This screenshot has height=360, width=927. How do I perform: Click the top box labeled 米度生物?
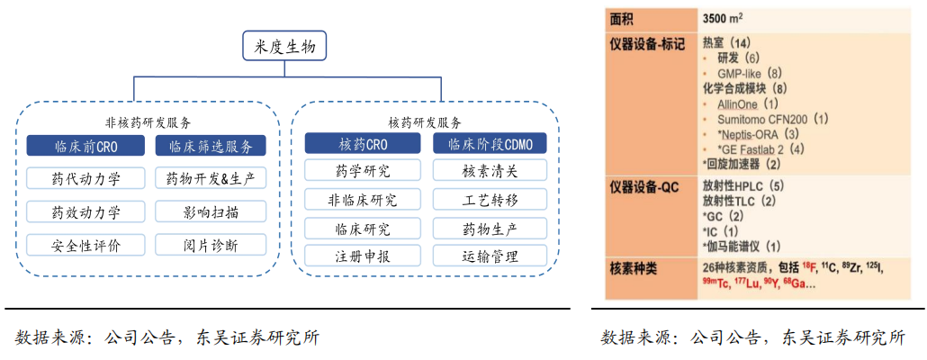(x=285, y=46)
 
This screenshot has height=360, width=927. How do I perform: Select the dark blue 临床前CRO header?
(x=85, y=146)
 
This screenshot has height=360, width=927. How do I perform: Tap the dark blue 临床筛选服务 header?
(x=211, y=146)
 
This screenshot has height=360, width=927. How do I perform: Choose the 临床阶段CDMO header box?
(x=490, y=144)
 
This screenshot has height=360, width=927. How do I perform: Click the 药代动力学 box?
(x=85, y=178)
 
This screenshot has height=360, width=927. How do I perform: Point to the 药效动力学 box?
(x=85, y=211)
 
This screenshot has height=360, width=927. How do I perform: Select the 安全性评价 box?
(x=85, y=245)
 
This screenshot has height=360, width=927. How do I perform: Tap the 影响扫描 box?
(x=211, y=211)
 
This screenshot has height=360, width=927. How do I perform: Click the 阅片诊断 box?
(x=211, y=245)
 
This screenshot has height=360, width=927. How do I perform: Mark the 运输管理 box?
(x=490, y=256)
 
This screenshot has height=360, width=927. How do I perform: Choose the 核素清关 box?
(x=490, y=170)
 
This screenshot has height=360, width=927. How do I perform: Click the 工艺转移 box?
(x=490, y=199)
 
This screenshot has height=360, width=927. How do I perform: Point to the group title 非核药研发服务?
(x=148, y=122)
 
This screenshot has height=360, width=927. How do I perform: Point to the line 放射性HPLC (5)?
(x=743, y=186)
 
